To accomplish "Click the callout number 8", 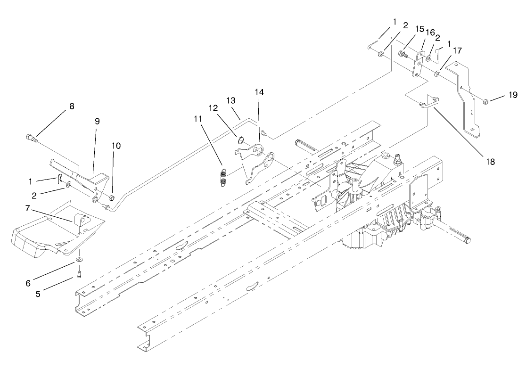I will click(x=72, y=107).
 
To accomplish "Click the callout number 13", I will click(x=230, y=101).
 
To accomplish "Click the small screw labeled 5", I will click(x=79, y=273).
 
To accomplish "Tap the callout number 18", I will click(x=490, y=161).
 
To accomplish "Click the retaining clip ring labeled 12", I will click(x=239, y=139).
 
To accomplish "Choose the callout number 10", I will click(x=116, y=146).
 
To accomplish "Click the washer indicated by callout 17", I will click(x=438, y=73).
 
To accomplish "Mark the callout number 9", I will click(x=97, y=121).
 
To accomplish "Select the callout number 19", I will click(x=513, y=95).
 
